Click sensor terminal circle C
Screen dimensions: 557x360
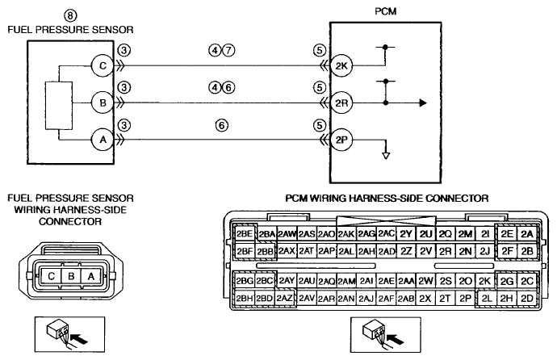coord(103,65)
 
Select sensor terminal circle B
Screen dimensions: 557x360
coord(103,103)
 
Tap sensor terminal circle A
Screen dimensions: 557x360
coord(103,140)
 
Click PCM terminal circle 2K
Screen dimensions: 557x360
coord(341,65)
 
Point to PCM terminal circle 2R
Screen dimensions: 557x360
coord(341,103)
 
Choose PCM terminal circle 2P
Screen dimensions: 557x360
coord(341,140)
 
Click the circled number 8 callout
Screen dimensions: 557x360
coord(70,15)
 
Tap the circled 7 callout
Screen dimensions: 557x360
coord(228,50)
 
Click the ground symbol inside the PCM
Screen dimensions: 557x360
coord(386,156)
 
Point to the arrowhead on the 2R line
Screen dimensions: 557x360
coord(423,103)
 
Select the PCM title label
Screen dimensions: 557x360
coord(385,12)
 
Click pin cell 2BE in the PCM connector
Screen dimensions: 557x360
coord(245,233)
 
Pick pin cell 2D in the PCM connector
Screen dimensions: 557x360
coord(527,299)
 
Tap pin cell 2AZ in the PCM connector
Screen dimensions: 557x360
coord(284,299)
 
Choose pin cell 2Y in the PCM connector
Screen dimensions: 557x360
coord(406,233)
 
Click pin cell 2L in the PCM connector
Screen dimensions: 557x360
coord(487,299)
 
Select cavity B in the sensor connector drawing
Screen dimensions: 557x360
coord(71,276)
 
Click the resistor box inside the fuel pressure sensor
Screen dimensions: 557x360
coord(59,106)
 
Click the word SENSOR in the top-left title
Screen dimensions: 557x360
coord(112,30)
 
